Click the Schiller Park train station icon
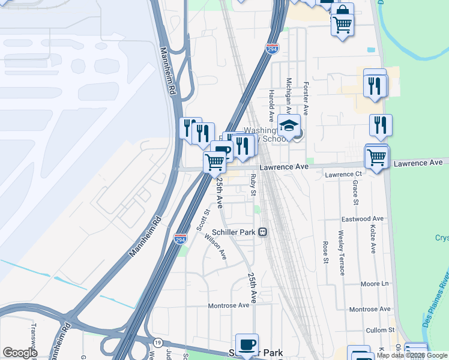click(x=262, y=232)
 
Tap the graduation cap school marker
click(x=289, y=125)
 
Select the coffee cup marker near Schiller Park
click(x=247, y=344)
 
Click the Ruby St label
click(x=253, y=185)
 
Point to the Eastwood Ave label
click(x=363, y=219)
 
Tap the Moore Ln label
click(x=376, y=283)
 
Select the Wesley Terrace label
click(x=341, y=252)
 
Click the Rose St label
click(x=325, y=253)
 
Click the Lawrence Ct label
click(x=340, y=175)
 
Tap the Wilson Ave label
click(x=215, y=246)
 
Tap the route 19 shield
click(x=157, y=341)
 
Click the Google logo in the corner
click(x=20, y=353)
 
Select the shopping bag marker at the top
click(x=343, y=12)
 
